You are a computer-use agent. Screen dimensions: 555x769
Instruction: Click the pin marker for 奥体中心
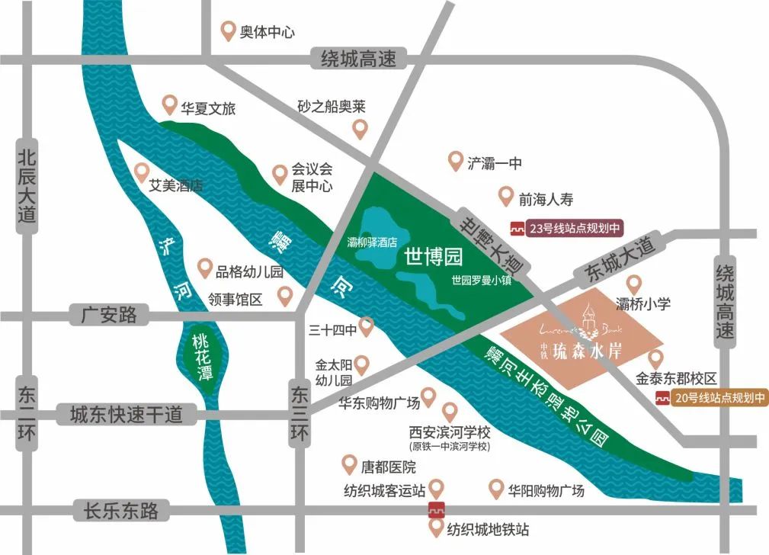coord(227,30)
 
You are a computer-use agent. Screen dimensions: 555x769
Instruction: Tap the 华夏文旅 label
coord(208,108)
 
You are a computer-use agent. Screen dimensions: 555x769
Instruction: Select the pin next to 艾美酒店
coord(140,172)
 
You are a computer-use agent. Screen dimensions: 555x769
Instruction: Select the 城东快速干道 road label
coord(126,415)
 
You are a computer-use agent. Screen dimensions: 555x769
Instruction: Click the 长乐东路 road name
coord(117,510)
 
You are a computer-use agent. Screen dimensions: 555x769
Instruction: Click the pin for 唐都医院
coord(349,462)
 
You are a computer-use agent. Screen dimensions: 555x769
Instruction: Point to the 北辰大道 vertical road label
coord(27,186)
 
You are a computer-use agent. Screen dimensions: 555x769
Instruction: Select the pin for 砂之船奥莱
coord(360,128)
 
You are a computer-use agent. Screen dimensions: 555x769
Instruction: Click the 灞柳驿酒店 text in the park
coord(373,242)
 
